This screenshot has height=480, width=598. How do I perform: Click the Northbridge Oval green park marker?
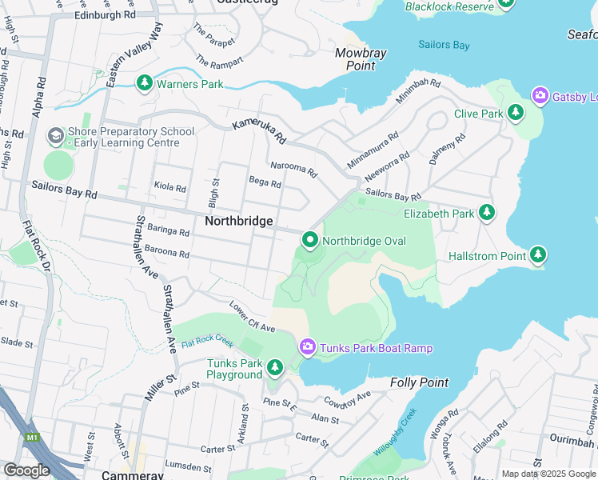click(309, 240)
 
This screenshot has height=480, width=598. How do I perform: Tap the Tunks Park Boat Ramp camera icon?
click(307, 347)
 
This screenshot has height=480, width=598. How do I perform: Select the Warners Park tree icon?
click(145, 83)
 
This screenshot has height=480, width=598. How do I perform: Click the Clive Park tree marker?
click(516, 114)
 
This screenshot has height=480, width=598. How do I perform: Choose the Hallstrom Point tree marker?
click(538, 255)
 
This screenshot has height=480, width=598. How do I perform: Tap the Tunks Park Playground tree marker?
click(275, 368)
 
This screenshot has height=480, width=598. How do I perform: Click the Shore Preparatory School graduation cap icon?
click(55, 137)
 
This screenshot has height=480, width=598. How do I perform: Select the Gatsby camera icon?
click(540, 97)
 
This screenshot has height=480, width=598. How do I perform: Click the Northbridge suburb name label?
click(239, 221)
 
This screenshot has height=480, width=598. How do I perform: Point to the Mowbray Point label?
click(361, 59)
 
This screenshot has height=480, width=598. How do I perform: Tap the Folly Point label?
click(420, 382)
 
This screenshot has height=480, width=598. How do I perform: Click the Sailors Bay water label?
click(439, 45)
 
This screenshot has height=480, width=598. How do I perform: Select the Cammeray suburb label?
click(133, 474)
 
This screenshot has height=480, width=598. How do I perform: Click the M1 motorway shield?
click(33, 438)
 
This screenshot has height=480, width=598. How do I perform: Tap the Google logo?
click(26, 470)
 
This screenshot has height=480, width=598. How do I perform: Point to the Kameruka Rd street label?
click(259, 132)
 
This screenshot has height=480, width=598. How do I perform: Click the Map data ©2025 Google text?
click(548, 474)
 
